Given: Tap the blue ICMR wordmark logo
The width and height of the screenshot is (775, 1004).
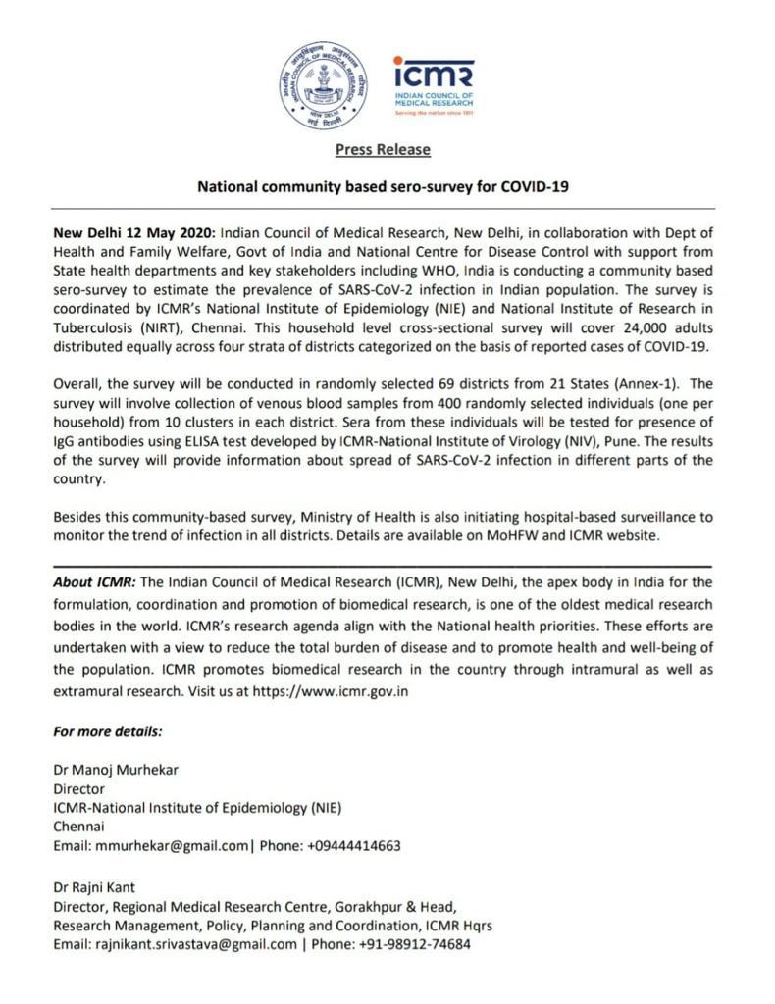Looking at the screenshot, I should coord(433,75).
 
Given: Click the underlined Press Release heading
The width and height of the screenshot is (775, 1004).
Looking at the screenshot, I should coord(383,150).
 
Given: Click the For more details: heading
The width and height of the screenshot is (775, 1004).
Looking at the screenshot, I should coord(108,731).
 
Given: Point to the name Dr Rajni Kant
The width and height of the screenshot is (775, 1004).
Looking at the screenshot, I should coord(95,888).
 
